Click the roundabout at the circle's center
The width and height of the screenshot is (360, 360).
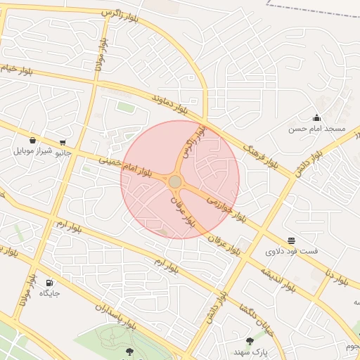click(175, 182)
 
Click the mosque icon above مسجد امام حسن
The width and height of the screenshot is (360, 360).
click(317, 117)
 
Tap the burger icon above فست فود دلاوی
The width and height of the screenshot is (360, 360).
click(292, 240)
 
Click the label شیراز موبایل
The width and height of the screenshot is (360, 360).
click(32, 151)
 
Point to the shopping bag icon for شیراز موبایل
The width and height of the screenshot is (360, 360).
click(33, 140)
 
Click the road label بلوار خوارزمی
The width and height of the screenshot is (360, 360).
click(226, 206)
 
